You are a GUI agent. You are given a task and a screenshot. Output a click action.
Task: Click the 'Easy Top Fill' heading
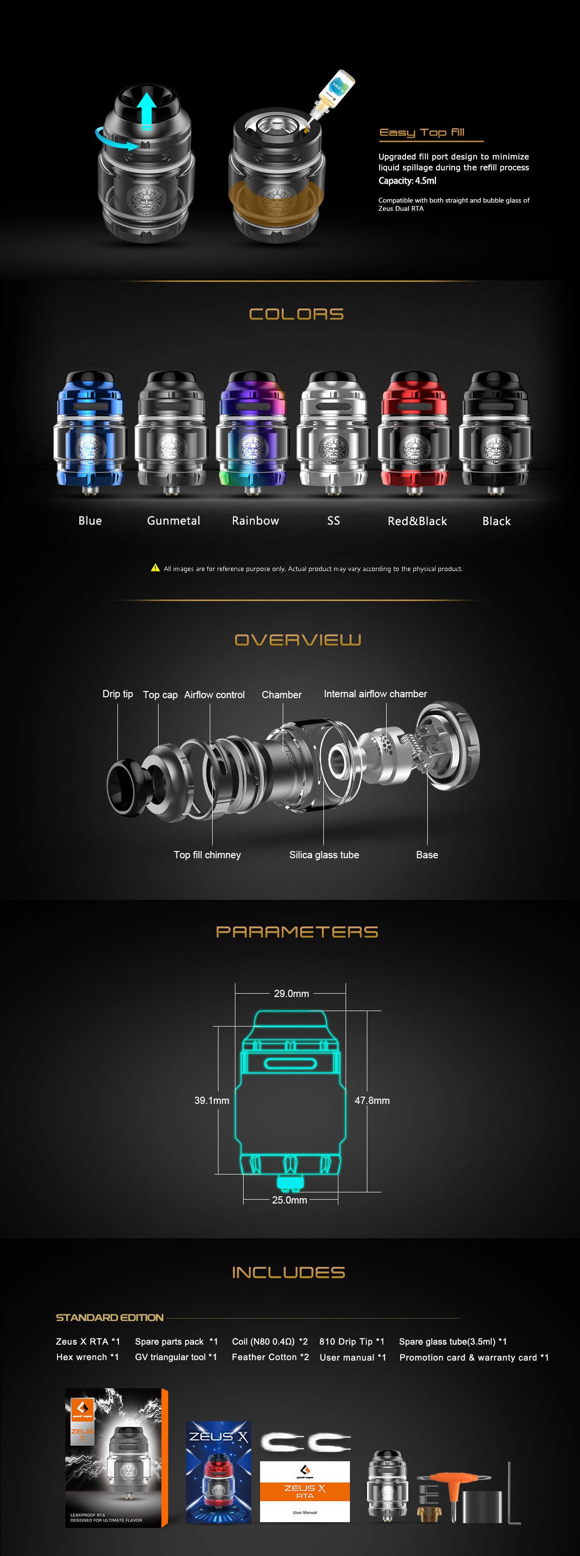422,132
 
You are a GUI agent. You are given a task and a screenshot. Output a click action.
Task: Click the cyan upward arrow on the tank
146,110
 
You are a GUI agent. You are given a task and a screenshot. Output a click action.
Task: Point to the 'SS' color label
333,521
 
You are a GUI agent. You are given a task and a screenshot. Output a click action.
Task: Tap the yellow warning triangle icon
155,568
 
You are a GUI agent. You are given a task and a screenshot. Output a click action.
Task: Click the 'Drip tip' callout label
117,694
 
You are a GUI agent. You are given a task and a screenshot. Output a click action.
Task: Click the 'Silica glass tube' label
324,855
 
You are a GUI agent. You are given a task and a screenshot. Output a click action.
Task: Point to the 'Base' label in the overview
427,855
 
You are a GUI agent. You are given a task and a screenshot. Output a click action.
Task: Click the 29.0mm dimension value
291,994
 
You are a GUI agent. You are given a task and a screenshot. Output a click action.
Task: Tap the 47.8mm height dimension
372,1101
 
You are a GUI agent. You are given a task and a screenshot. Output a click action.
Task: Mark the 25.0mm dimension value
290,1200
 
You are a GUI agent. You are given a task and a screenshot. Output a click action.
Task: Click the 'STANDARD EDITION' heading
110,1318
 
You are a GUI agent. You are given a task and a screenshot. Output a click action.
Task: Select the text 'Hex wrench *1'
87,1357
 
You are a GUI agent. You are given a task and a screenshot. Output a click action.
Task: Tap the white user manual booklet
305,1491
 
